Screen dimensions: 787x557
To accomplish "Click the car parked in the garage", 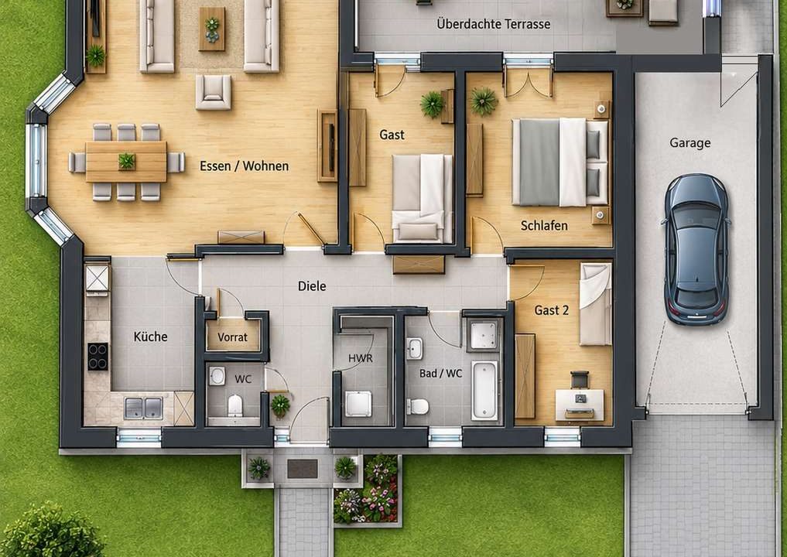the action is click(696, 249).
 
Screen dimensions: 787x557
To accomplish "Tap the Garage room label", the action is click(689, 143).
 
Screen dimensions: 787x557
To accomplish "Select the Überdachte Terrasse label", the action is click(494, 23).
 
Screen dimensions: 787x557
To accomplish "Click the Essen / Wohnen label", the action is click(244, 166).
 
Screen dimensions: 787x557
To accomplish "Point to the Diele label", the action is click(312, 286).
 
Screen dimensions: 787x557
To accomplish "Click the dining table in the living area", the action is click(126, 162).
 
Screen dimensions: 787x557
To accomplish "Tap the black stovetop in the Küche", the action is click(98, 357).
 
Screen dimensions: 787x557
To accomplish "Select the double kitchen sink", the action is click(143, 408).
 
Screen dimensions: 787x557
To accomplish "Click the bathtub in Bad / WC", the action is click(484, 391).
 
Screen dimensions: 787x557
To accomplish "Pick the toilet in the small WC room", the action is click(235, 405).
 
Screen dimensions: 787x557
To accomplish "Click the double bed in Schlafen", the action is click(559, 162).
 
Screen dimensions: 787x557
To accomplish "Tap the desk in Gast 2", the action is click(580, 405).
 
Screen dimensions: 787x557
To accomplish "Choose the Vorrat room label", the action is click(232, 337).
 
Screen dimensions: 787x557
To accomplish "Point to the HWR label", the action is click(361, 358).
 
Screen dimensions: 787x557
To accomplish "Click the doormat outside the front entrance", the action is click(302, 469).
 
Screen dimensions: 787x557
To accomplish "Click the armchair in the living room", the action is click(214, 92).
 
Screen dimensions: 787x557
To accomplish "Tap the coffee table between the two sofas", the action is click(212, 29).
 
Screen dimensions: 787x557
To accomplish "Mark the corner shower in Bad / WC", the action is click(484, 334).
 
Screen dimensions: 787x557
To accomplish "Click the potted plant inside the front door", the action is click(281, 405).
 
